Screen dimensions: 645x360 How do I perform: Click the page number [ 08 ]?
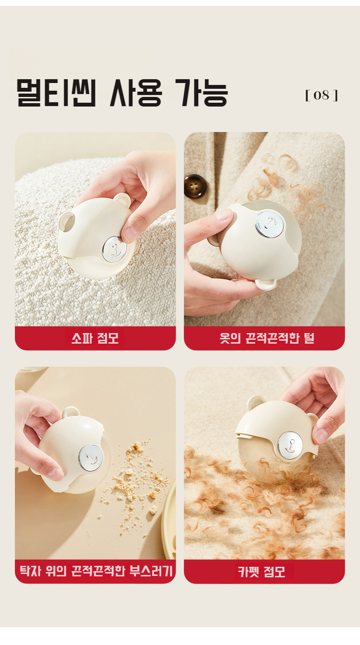[x=321, y=95]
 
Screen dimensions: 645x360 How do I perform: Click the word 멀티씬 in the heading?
[x=57, y=93]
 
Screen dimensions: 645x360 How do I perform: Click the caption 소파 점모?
[x=95, y=338]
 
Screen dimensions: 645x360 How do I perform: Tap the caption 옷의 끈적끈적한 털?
[x=267, y=338]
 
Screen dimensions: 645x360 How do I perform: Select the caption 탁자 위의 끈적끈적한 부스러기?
[x=95, y=572]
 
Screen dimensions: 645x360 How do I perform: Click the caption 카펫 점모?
[x=262, y=572]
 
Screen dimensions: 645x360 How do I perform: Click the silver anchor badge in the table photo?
[x=91, y=457]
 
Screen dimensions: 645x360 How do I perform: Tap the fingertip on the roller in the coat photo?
[x=223, y=215]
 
